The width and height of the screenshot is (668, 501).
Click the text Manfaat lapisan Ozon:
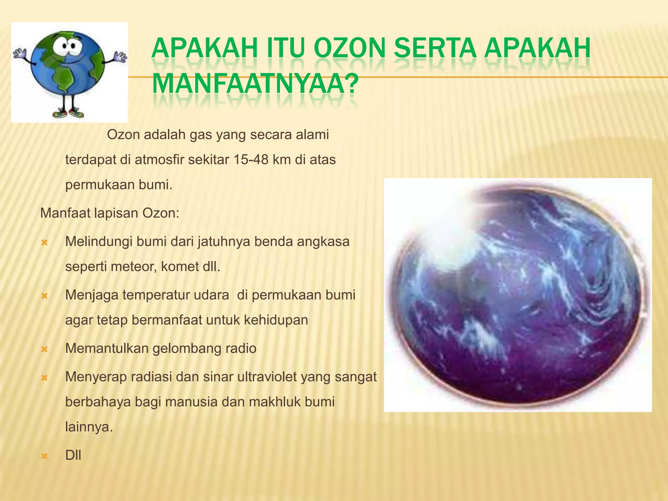[x=110, y=213]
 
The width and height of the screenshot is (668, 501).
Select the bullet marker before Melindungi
[x=45, y=243]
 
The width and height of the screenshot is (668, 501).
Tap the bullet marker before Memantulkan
[x=45, y=350]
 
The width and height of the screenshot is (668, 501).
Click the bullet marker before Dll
[x=45, y=456]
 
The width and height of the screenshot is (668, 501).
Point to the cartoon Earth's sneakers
[x=69, y=113]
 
